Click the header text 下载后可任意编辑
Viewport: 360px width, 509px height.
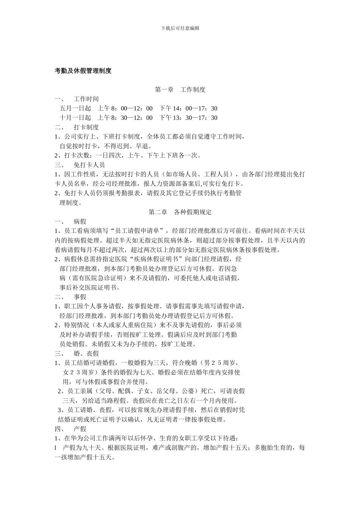pyautogui.click(x=180, y=28)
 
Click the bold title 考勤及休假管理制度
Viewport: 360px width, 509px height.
pyautogui.click(x=83, y=71)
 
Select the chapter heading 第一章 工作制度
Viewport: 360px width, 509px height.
pyautogui.click(x=180, y=90)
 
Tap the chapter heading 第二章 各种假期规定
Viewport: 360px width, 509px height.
pyautogui.click(x=180, y=212)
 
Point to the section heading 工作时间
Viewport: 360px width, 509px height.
pyautogui.click(x=86, y=99)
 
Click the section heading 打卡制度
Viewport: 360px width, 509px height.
pyautogui.click(x=86, y=127)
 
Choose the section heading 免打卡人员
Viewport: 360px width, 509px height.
pyautogui.click(x=89, y=165)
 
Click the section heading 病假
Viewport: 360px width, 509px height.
pyautogui.click(x=80, y=222)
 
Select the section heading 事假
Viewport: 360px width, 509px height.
pyautogui.click(x=80, y=297)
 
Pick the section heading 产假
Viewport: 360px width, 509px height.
pyautogui.click(x=80, y=429)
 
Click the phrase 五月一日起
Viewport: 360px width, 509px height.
pyautogui.click(x=75, y=109)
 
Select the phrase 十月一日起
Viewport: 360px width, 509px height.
pyautogui.click(x=75, y=118)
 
